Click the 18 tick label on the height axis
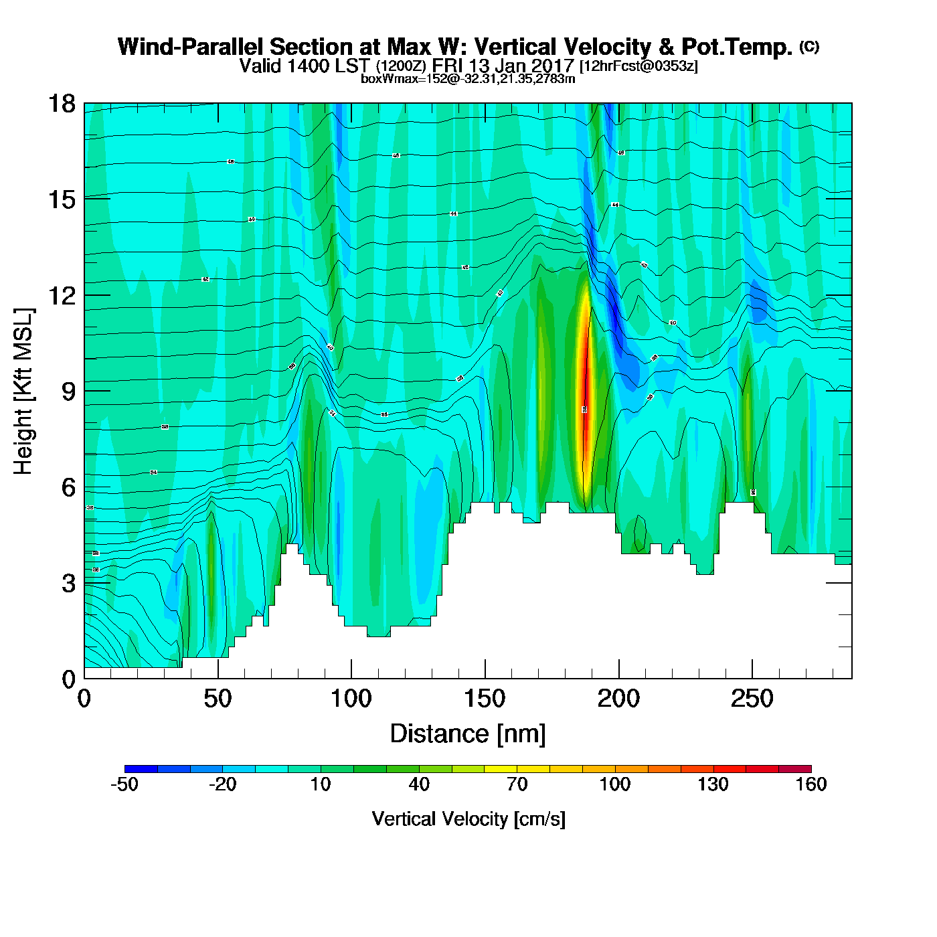point(61,104)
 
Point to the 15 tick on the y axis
point(61,199)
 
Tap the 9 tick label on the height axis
point(68,392)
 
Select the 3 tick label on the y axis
point(68,584)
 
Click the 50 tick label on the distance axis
point(218,699)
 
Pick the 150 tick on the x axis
point(485,699)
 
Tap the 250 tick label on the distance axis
point(752,699)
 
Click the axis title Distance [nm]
point(468,734)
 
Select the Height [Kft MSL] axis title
point(23,392)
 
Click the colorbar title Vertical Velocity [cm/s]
point(468,819)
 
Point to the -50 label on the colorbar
point(124,784)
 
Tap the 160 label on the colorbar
point(811,784)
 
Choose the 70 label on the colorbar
point(517,784)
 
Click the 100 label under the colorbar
point(615,784)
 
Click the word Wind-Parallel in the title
point(191,47)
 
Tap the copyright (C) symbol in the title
point(809,46)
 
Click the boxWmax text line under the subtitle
point(468,78)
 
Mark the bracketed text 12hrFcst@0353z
point(638,66)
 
